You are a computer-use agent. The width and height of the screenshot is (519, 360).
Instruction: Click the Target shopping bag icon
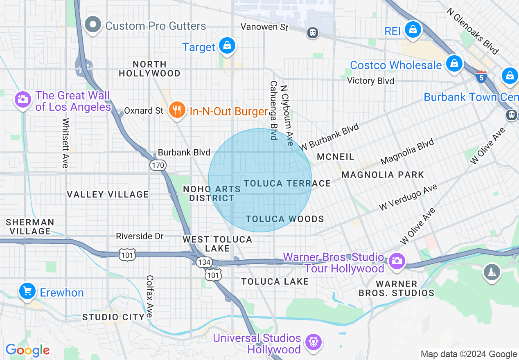226,45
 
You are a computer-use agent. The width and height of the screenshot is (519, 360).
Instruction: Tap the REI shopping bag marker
413,29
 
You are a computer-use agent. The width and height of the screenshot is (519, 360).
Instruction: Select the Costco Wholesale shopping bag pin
454,63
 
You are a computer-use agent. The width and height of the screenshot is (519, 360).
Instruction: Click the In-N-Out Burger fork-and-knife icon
177,110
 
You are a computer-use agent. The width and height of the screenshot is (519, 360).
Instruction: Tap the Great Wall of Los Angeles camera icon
23,99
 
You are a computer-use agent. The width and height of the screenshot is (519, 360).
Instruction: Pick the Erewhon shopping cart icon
27,291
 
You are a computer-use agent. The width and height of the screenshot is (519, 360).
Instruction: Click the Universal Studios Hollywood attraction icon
314,342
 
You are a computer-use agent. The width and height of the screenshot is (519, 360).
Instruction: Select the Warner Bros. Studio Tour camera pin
396,261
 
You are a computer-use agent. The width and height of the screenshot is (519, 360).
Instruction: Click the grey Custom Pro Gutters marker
93,25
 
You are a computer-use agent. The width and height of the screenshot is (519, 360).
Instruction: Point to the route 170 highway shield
158,165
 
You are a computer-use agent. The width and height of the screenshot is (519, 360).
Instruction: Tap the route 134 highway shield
203,262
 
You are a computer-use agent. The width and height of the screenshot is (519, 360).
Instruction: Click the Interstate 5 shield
481,76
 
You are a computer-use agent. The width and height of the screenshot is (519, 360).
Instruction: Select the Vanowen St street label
264,27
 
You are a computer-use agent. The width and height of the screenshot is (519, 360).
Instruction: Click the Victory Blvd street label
370,81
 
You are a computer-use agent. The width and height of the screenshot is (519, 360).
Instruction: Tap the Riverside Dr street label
140,236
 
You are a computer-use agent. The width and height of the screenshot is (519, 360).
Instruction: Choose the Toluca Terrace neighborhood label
287,183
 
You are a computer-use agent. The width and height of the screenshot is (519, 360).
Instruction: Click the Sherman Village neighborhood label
30,227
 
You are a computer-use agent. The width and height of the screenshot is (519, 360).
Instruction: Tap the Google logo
27,350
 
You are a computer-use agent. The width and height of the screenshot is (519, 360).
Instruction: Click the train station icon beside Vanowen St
313,33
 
